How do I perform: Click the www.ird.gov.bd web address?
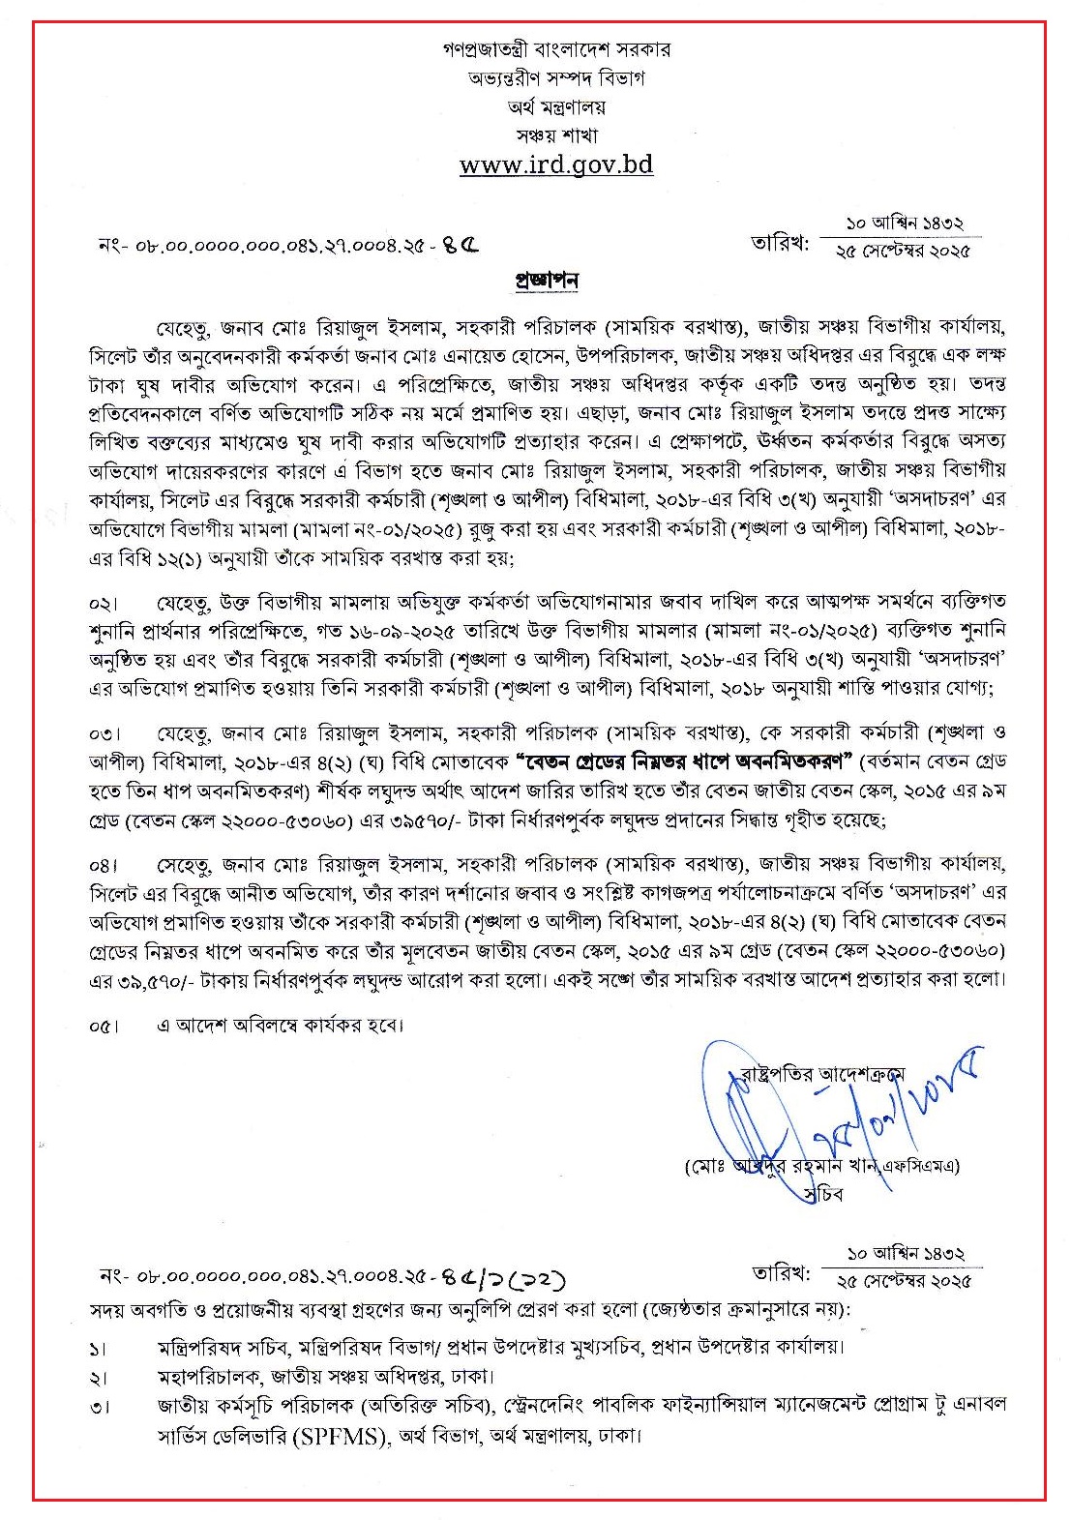(x=556, y=164)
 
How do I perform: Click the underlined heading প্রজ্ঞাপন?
(x=546, y=281)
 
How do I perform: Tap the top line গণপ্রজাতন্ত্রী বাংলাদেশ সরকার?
(x=556, y=48)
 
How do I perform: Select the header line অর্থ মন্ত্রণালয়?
(x=556, y=106)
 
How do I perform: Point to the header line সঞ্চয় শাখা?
(x=556, y=135)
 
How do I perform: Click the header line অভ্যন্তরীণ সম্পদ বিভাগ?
(x=556, y=77)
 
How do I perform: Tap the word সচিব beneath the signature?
(x=823, y=1194)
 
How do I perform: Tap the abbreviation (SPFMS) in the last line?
(x=343, y=1436)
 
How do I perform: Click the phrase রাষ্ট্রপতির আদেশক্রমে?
(x=822, y=1073)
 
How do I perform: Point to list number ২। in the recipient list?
(x=99, y=1377)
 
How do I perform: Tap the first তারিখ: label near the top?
(x=780, y=243)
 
